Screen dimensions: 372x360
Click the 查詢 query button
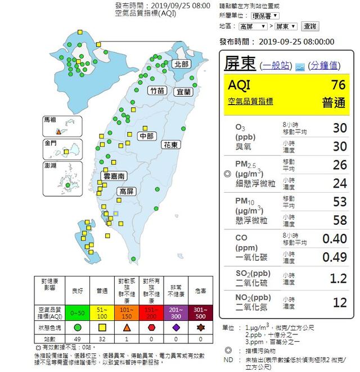coord(310,26)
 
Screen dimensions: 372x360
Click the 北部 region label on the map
coord(182,64)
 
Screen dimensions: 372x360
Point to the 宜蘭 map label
coord(184,91)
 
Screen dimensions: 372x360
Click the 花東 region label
coord(171,144)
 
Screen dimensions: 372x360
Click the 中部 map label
coord(147,136)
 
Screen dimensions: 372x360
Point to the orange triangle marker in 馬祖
coord(58,130)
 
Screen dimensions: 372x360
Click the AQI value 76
coord(338,85)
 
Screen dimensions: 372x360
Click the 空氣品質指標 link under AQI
coord(250,101)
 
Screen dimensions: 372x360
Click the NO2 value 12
coord(340,302)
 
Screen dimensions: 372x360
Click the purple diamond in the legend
coord(177,326)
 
